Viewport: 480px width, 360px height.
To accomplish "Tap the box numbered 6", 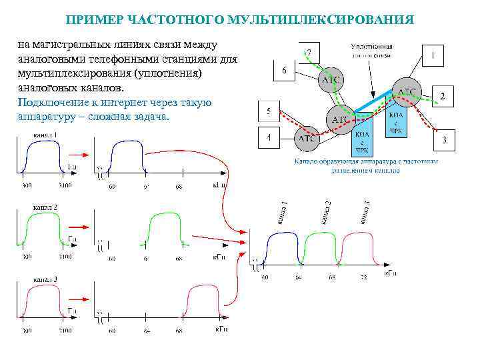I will (285, 69).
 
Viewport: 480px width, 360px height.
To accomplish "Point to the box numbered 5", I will (268, 111).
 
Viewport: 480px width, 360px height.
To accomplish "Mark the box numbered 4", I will (268, 138).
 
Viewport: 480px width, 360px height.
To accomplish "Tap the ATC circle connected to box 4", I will (307, 139).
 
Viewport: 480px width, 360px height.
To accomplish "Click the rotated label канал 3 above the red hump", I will (365, 212).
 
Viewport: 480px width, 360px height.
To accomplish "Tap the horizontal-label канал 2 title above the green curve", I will (45, 207).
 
